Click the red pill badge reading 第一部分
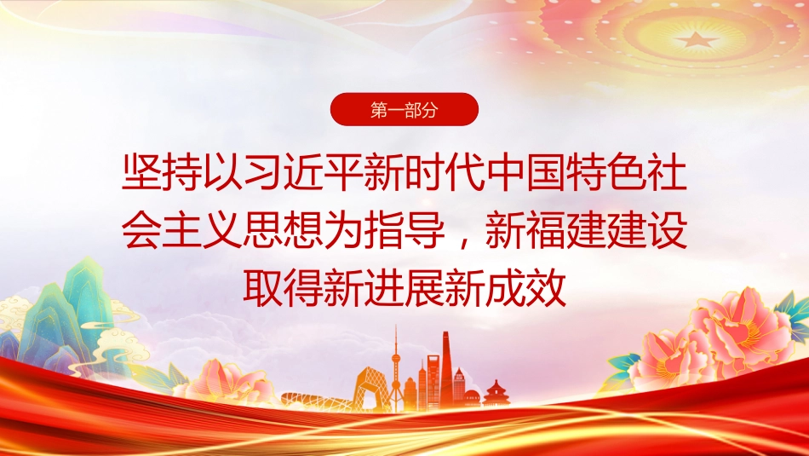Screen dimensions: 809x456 [404, 109]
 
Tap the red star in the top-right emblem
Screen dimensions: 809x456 [696, 39]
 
